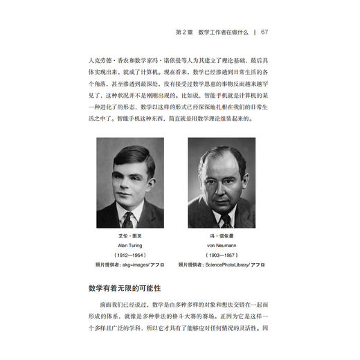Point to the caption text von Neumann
[222, 245]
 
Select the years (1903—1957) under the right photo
[222, 255]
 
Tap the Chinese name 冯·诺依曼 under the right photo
[222, 236]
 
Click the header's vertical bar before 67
[256, 31]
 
